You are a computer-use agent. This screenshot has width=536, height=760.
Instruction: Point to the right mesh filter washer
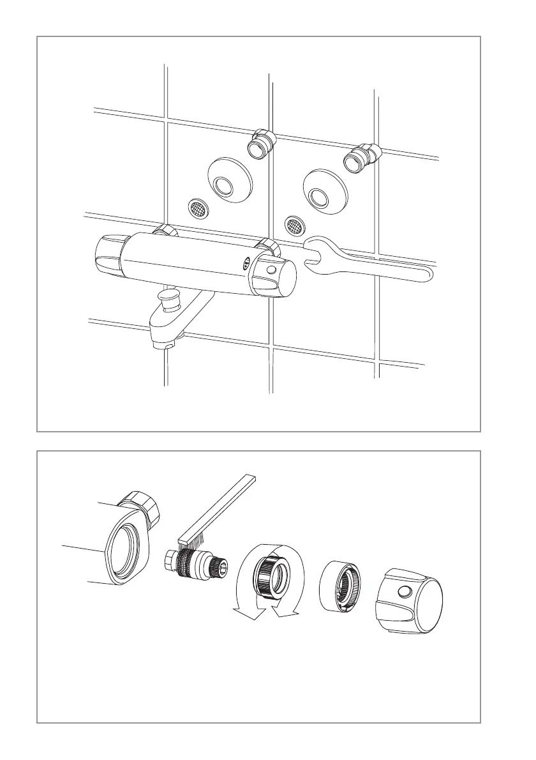tap(294, 224)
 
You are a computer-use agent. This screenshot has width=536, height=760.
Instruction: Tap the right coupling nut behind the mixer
tap(266, 244)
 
